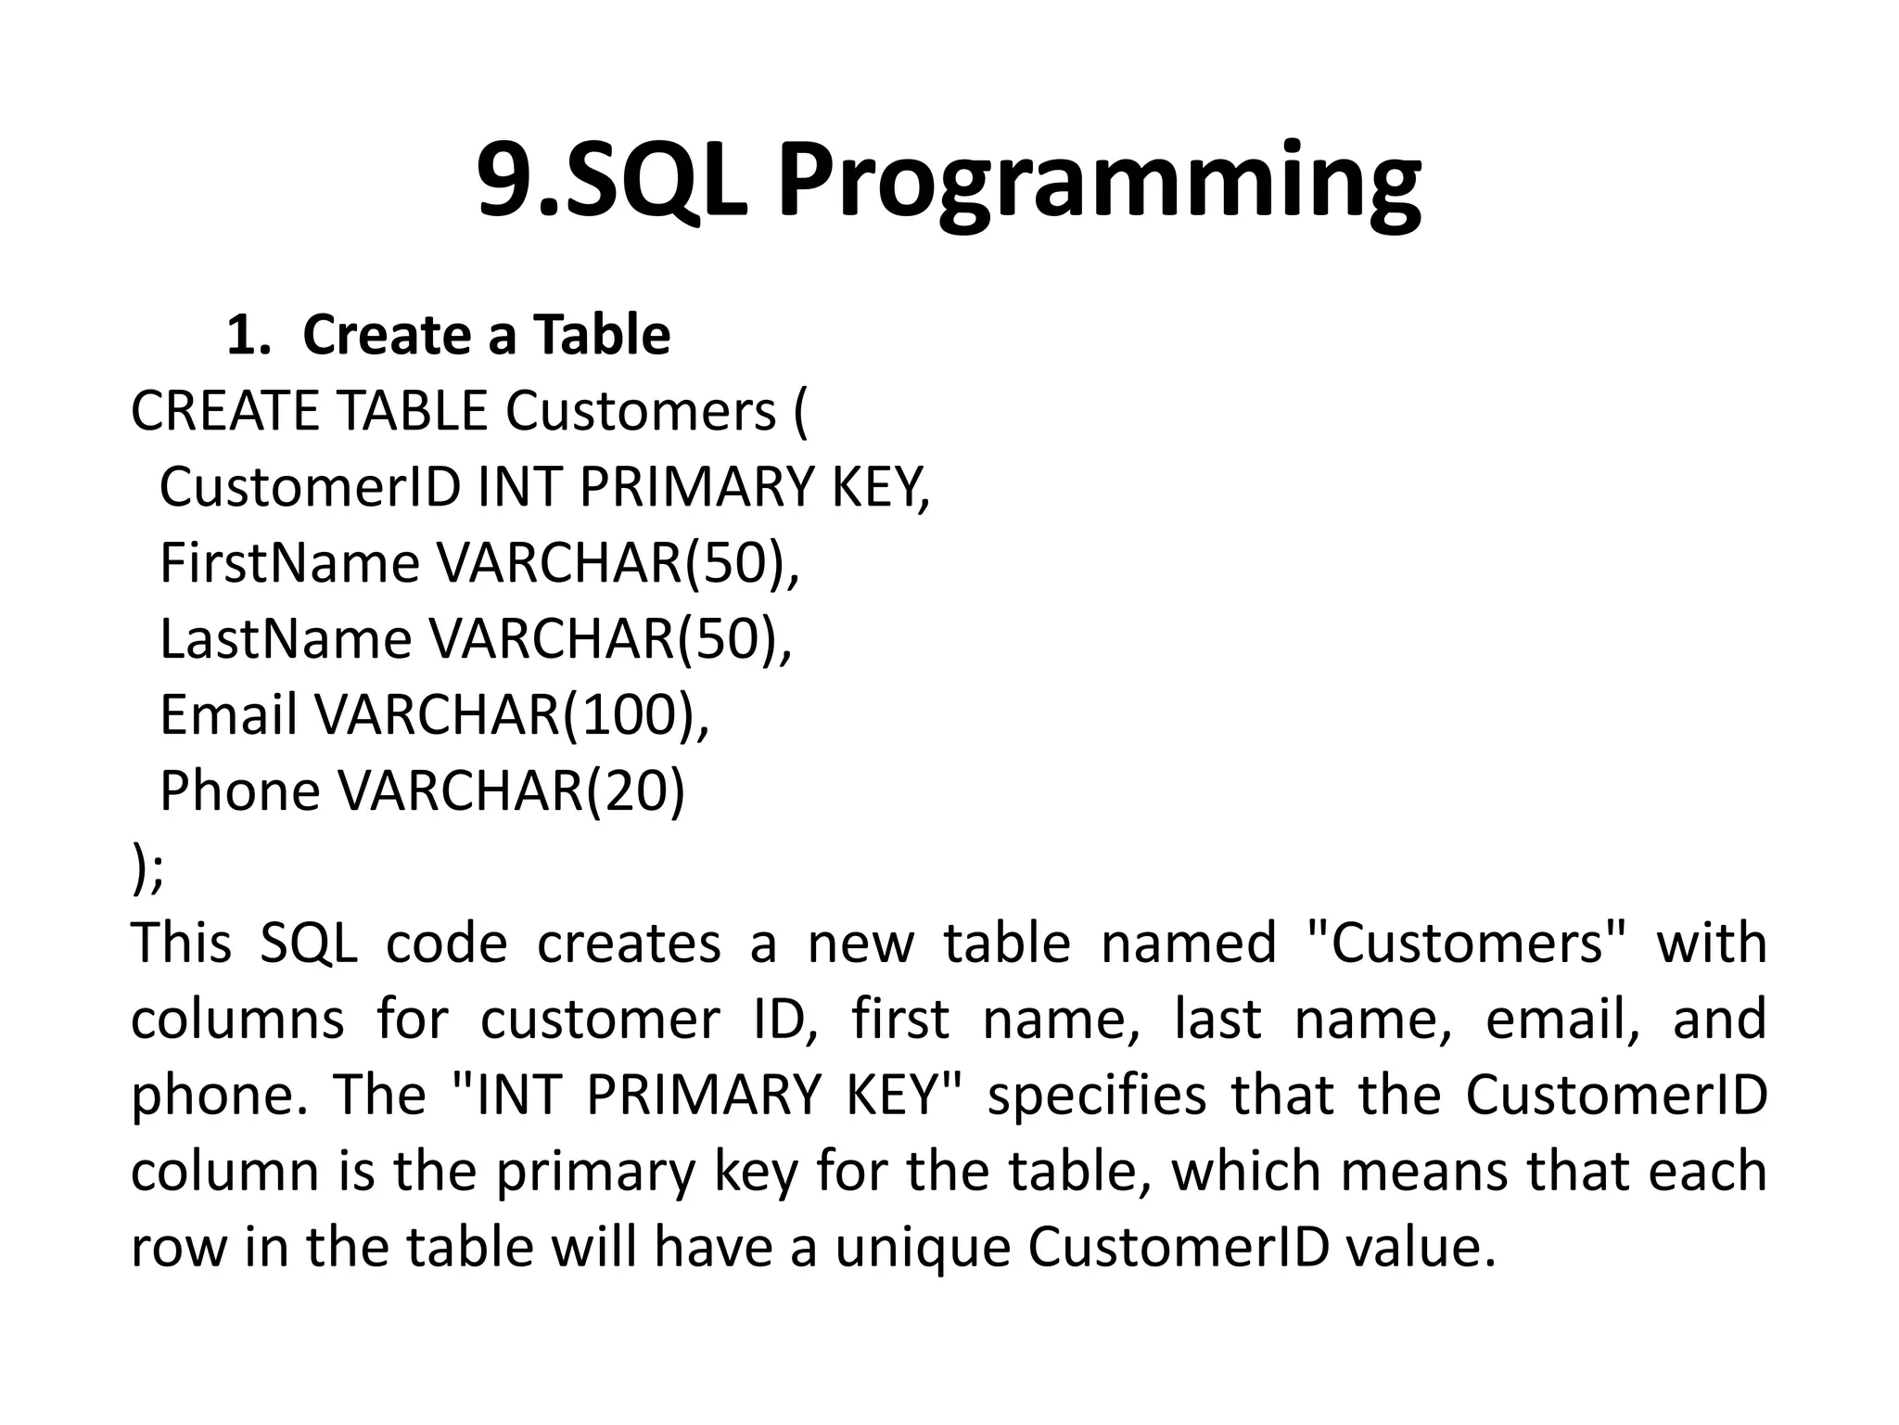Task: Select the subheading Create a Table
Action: (486, 335)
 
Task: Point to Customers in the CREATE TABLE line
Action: (641, 412)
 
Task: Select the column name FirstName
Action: (289, 564)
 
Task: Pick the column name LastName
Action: (286, 640)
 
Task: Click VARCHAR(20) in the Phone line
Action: (511, 792)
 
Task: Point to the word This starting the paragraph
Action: (181, 944)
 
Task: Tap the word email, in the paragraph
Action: (1562, 1021)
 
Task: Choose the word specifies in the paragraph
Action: (1097, 1097)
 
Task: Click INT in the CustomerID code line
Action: (515, 488)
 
